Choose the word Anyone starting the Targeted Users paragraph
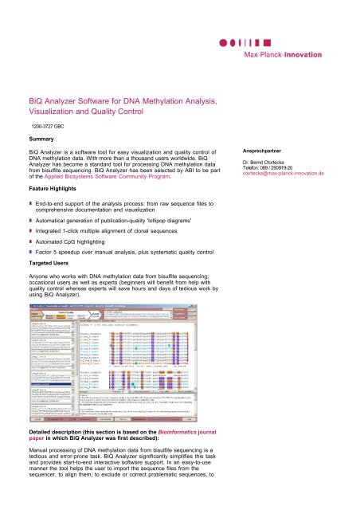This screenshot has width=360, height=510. (42, 276)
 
